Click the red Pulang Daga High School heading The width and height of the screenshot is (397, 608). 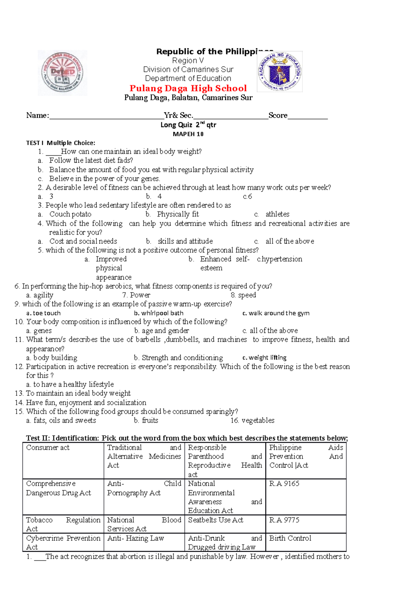tap(188, 88)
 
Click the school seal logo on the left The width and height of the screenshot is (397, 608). tap(63, 73)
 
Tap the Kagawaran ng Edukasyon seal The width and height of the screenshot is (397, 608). tap(280, 72)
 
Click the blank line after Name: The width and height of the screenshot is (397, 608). tap(106, 116)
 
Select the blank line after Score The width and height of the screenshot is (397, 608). tap(307, 116)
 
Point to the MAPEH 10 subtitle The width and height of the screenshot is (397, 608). tap(188, 134)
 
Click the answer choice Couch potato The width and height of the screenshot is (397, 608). tap(70, 214)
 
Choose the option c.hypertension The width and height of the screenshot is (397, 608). tap(280, 259)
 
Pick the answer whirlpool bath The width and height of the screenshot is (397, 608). tap(162, 313)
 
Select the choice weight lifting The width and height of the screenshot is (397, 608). tap(267, 358)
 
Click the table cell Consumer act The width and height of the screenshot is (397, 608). tap(48, 448)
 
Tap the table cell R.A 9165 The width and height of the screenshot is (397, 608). tap(284, 484)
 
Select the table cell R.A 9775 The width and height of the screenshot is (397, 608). tap(284, 520)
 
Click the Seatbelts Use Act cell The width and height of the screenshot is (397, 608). tap(216, 520)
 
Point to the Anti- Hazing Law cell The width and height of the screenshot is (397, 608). tap(136, 538)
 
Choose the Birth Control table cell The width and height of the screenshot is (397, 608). tap(290, 538)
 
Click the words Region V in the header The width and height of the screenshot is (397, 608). tap(188, 61)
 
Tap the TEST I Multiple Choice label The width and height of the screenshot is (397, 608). tap(61, 143)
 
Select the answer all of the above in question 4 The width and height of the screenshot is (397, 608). tap(290, 242)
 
